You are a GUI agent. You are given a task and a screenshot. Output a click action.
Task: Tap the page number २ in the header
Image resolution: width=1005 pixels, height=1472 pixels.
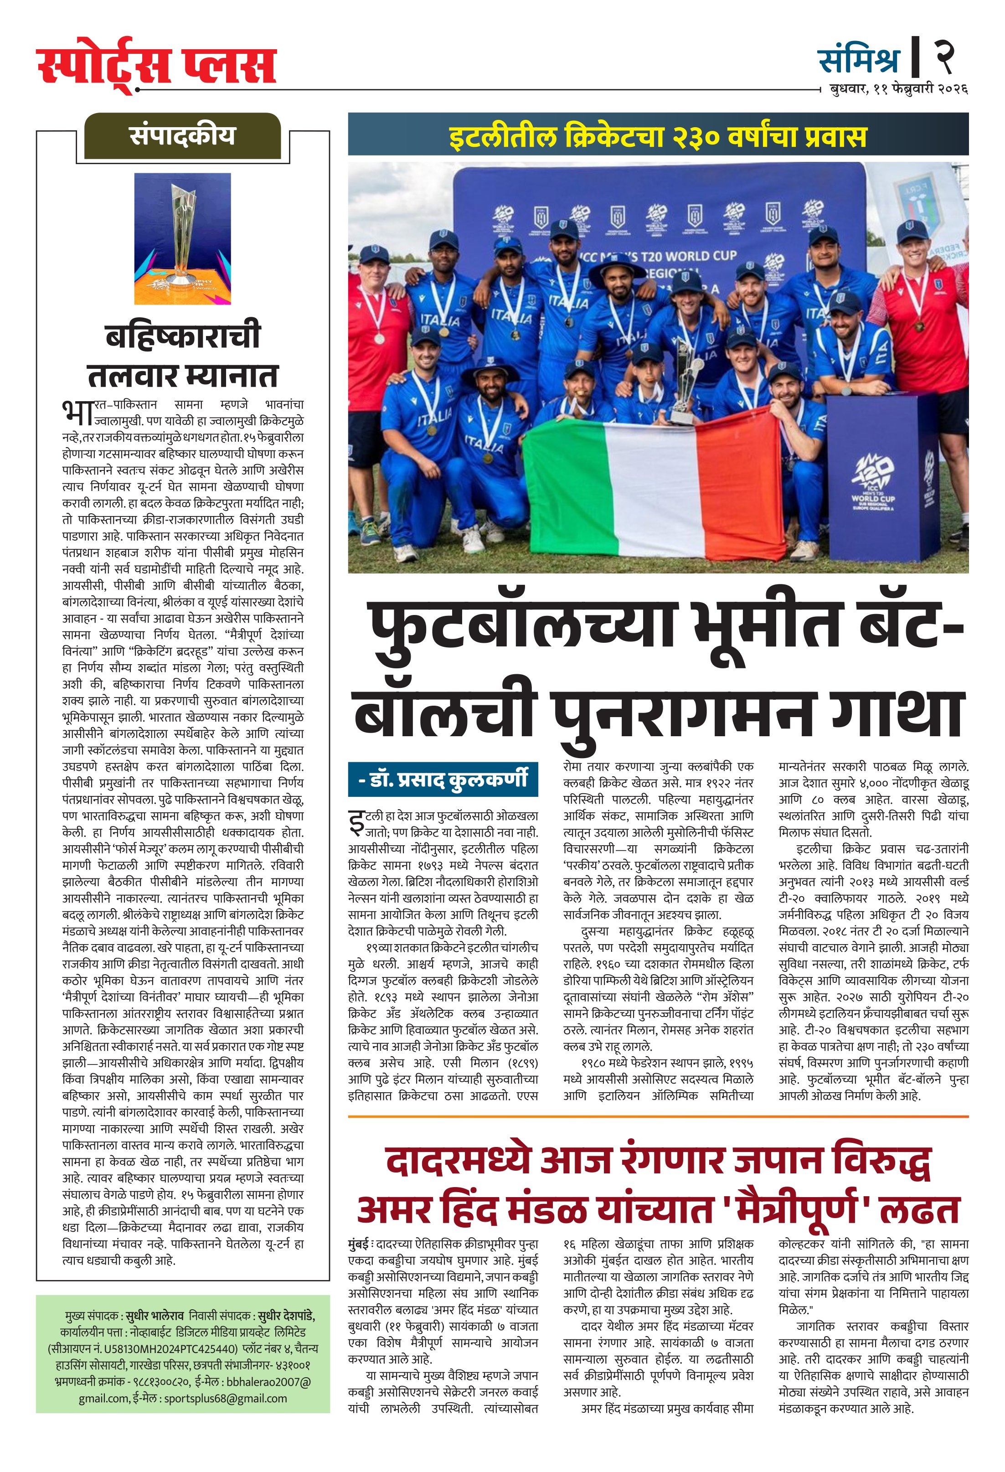tap(943, 56)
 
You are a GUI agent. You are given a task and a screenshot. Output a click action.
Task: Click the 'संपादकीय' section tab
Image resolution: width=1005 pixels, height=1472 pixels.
tap(182, 136)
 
